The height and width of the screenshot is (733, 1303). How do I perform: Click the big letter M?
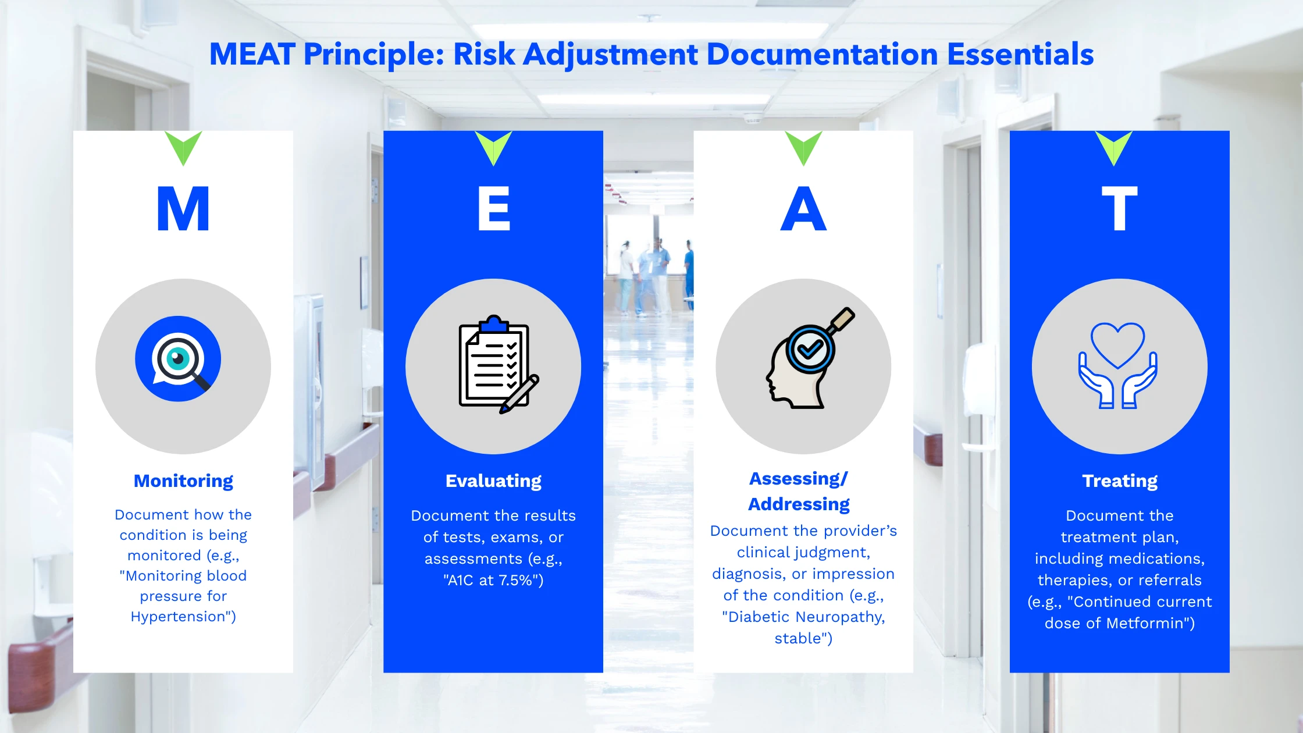[183, 209]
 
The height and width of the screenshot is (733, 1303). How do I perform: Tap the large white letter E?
[494, 209]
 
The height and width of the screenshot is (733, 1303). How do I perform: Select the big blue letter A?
[803, 209]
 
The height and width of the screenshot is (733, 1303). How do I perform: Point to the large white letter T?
[1120, 209]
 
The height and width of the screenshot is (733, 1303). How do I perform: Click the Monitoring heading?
[183, 481]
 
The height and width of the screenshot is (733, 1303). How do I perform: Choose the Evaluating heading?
[493, 481]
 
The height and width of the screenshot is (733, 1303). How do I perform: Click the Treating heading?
[1120, 481]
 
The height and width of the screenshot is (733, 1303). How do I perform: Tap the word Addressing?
[799, 504]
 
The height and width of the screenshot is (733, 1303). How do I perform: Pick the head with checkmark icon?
[810, 358]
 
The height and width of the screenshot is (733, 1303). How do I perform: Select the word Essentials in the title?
[1020, 54]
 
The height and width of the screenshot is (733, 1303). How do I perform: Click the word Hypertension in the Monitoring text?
[178, 617]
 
